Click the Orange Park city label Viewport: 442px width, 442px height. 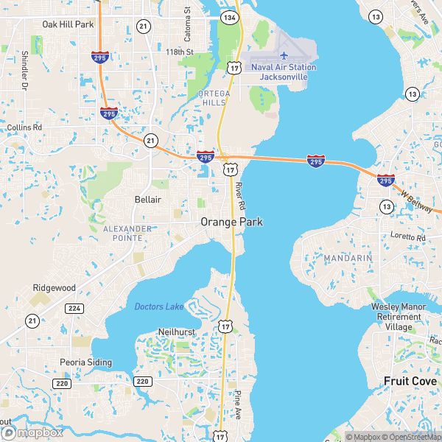click(x=231, y=221)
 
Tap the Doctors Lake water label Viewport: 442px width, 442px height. click(x=159, y=306)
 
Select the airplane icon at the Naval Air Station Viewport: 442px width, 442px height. click(x=284, y=55)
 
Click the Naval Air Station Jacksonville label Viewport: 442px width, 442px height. click(x=284, y=72)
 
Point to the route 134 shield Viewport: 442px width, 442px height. click(x=231, y=17)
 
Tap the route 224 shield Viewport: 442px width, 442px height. click(x=74, y=308)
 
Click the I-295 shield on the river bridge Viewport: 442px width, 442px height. click(x=315, y=160)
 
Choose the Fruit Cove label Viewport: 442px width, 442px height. click(x=410, y=381)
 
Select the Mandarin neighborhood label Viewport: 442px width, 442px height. click(x=348, y=259)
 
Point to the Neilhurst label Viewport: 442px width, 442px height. click(x=177, y=332)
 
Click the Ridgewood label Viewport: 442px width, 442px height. click(x=54, y=287)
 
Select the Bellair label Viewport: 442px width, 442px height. click(x=147, y=200)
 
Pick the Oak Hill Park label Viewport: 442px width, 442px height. click(x=68, y=24)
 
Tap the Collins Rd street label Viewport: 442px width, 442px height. click(x=25, y=127)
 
